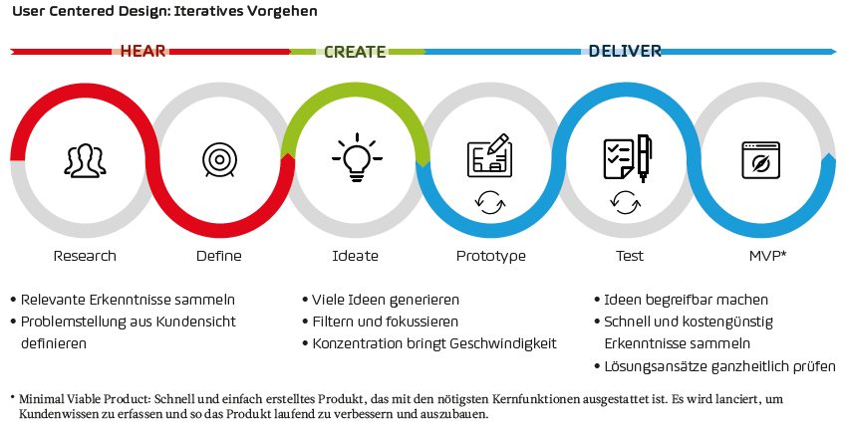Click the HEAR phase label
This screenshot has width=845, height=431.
pos(142,51)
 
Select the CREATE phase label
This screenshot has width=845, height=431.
pos(355,52)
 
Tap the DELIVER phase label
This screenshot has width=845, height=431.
pos(625,51)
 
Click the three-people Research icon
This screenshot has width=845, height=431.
pos(85,160)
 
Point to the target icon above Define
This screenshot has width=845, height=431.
pos(220,160)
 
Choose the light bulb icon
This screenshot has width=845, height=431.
pos(357,157)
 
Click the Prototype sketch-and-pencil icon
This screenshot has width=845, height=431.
pos(489,155)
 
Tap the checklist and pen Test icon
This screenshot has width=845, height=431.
pos(628,158)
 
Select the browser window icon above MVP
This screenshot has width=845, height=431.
pos(761,160)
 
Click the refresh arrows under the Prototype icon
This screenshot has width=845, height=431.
pos(490,203)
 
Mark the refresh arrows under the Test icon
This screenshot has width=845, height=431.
pos(626,203)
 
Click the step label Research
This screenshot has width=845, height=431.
pos(85,256)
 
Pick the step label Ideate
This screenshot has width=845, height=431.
pos(355,256)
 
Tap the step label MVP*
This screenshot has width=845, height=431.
pos(768,256)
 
